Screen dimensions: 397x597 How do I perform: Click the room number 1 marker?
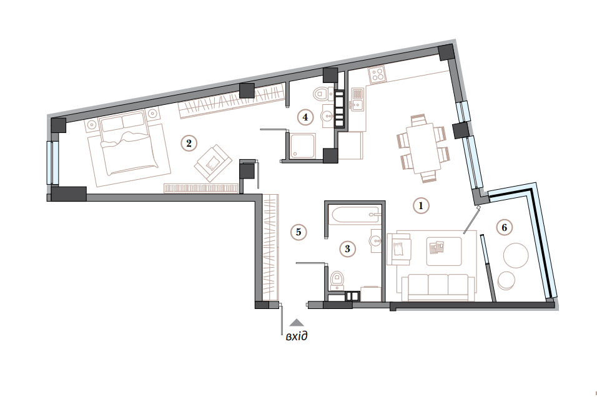point(421,205)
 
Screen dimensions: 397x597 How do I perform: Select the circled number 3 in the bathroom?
point(348,248)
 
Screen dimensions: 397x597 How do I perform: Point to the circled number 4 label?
point(304,116)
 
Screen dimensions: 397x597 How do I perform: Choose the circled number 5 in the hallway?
point(299,232)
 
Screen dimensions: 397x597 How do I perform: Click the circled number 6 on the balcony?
point(504,227)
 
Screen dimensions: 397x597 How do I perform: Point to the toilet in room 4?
point(320,94)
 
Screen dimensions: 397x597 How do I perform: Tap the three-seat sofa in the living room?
point(437,286)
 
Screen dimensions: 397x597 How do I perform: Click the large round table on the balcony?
point(516,256)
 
